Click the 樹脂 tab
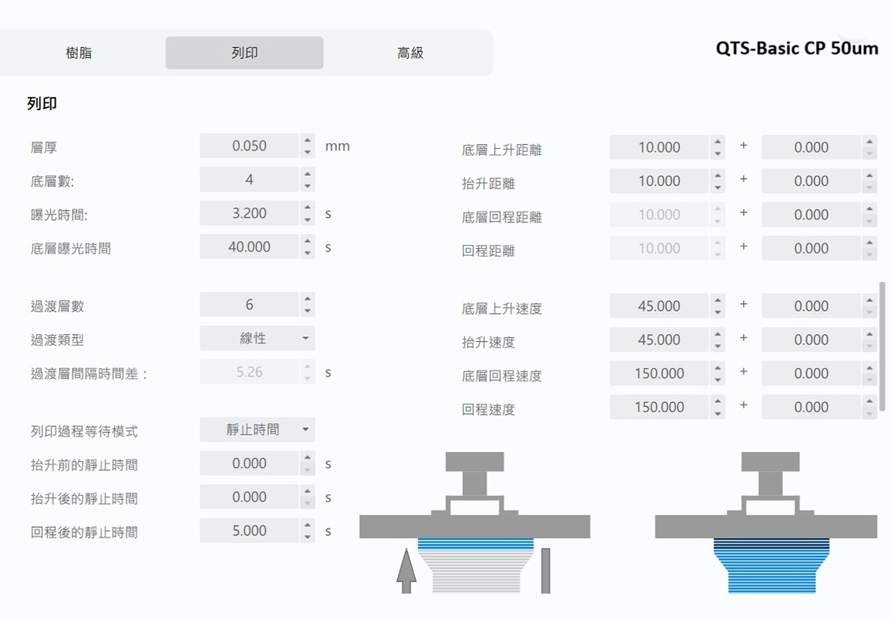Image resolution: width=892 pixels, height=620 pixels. (x=78, y=53)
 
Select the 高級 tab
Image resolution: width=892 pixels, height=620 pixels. (x=410, y=53)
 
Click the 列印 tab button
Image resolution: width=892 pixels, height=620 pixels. (x=244, y=53)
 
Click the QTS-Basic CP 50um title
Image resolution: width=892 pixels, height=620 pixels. (x=797, y=48)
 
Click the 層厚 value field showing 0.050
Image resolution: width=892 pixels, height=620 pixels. (x=249, y=146)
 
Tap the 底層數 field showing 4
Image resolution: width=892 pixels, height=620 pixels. (x=249, y=180)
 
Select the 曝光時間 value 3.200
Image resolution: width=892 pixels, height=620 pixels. (x=249, y=213)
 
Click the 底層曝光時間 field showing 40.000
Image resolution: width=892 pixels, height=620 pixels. (x=249, y=246)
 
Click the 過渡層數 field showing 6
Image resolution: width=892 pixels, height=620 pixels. (x=249, y=305)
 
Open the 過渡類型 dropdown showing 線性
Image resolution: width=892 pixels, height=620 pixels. (x=258, y=338)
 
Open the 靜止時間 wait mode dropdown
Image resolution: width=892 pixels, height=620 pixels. (x=258, y=429)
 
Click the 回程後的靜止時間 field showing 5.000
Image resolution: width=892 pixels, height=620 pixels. (x=249, y=531)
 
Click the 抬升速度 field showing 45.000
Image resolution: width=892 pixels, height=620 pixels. (x=659, y=339)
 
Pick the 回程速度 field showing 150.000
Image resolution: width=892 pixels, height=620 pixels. (x=659, y=407)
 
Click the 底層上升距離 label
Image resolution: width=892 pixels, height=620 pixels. (x=502, y=150)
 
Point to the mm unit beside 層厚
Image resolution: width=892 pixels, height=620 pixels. (x=337, y=146)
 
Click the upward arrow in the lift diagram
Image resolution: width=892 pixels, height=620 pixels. (x=406, y=570)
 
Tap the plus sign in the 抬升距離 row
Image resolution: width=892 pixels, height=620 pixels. (x=744, y=179)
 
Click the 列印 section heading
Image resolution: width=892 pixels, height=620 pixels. (x=42, y=103)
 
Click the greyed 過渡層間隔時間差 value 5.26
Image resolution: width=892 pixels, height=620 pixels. (x=249, y=372)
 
